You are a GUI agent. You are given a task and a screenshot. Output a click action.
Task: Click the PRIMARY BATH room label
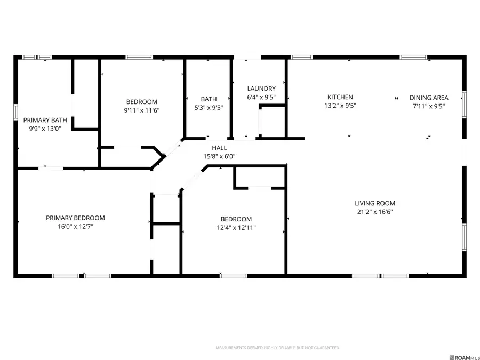tap(45, 120)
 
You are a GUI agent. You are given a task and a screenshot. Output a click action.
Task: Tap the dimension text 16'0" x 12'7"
tap(75, 227)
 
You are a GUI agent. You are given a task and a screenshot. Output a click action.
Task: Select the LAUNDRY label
tap(261, 89)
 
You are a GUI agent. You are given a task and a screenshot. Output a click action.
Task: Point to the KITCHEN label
tap(340, 97)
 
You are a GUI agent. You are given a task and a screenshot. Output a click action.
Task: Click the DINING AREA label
tap(429, 98)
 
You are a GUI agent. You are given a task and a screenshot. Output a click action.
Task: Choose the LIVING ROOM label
tap(375, 203)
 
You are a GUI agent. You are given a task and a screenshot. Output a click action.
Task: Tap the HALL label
tap(219, 148)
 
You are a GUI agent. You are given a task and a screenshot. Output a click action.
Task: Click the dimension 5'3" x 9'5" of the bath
tap(209, 107)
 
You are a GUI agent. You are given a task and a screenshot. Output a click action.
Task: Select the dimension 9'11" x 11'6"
tap(142, 110)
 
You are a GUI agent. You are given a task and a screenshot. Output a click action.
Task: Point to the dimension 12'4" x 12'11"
tap(236, 228)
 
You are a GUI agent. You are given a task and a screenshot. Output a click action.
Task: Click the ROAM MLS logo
tap(465, 357)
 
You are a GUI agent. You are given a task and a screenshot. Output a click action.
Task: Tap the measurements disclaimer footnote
tap(277, 348)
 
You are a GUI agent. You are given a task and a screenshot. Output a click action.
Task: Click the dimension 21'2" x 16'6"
tap(375, 212)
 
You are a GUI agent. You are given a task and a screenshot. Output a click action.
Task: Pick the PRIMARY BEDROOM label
tap(75, 218)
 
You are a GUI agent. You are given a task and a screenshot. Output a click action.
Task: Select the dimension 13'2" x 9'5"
tap(340, 106)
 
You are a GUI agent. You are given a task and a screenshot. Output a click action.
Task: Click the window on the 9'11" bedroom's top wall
tap(139, 57)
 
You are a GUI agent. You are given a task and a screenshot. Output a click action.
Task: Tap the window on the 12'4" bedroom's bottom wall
tap(233, 276)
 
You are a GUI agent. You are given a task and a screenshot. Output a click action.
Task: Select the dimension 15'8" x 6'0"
tap(219, 156)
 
